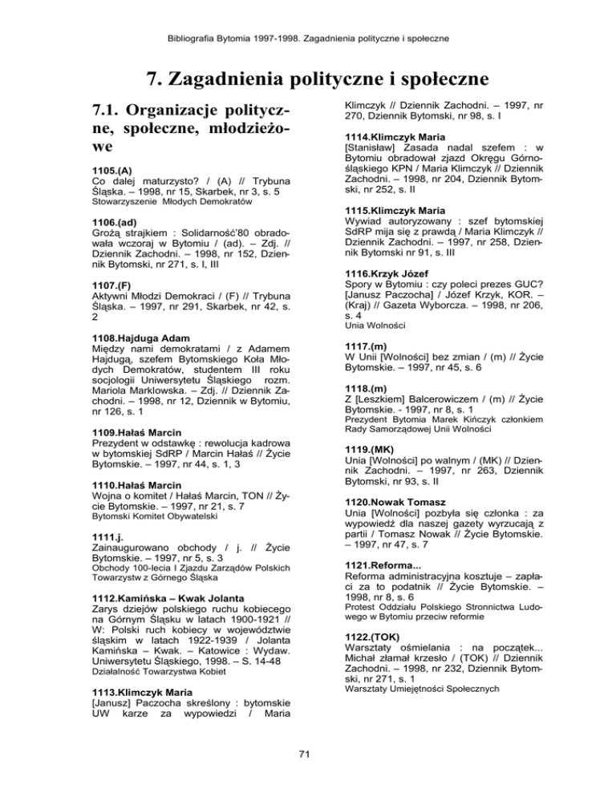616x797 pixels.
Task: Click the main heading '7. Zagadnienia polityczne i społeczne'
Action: [308, 79]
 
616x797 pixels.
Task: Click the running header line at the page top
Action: [308, 15]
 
